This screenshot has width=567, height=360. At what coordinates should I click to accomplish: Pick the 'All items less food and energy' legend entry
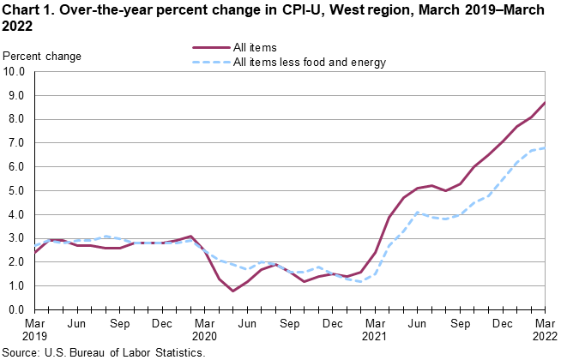(x=310, y=62)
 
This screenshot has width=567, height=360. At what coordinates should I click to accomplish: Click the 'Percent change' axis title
(x=43, y=57)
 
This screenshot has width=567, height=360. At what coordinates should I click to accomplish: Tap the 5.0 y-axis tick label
(x=16, y=191)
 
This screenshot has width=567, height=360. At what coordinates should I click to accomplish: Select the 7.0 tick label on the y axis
(x=16, y=143)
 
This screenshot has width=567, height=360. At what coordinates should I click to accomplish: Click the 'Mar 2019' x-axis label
(x=34, y=331)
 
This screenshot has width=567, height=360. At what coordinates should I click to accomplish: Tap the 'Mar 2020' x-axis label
(x=204, y=331)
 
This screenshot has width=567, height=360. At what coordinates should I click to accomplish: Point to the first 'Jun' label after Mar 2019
(x=76, y=325)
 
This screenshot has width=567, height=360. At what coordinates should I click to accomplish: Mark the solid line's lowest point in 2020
(x=232, y=291)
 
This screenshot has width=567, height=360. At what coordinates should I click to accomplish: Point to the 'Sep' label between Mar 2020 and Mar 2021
(x=290, y=325)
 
